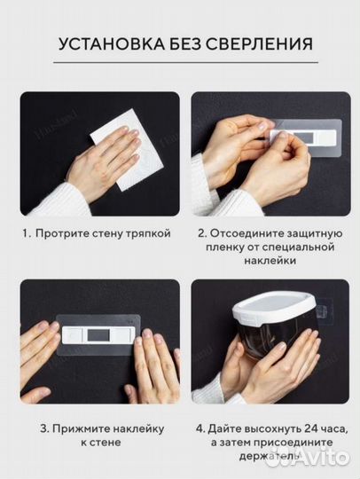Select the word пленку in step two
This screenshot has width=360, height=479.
tap(221, 249)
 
